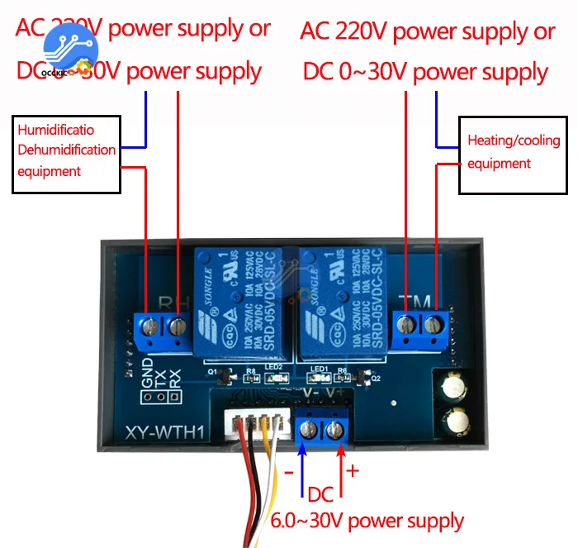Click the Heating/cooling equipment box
[514, 152]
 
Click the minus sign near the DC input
[289, 474]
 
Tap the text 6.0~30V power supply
[367, 522]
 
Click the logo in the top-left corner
[68, 50]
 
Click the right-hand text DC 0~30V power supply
[425, 71]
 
